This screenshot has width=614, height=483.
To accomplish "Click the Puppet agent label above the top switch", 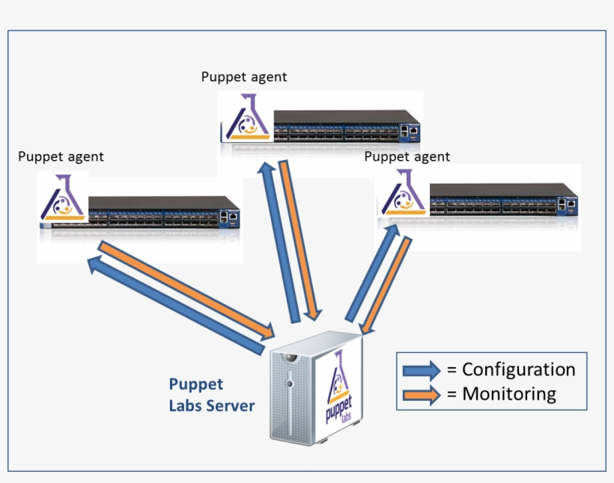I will coord(244,77).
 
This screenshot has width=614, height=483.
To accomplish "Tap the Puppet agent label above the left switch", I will coord(61,156).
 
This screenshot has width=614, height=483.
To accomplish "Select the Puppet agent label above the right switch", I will coord(407,156).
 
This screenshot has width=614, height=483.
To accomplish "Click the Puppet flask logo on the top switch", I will coord(246,120).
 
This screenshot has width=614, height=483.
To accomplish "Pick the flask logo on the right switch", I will coord(403,196).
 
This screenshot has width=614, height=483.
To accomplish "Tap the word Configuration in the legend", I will coord(518,369).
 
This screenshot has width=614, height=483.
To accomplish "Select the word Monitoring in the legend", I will coord(508,394).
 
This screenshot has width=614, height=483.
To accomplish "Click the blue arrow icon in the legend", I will coord(422,370).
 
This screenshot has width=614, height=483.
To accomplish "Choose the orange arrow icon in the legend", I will coord(422,395).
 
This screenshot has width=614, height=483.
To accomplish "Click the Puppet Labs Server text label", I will coord(211,395).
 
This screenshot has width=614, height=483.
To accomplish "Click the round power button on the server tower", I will coord(289,384).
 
